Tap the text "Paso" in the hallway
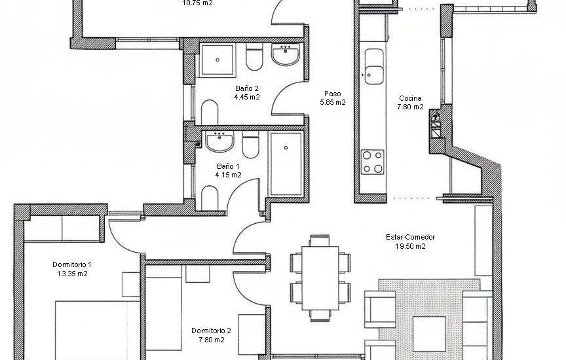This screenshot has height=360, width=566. point(333,94)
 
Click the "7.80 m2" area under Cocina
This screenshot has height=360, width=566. point(411,107)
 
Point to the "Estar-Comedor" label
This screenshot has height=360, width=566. point(411,238)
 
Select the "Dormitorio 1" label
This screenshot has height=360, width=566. point(72,264)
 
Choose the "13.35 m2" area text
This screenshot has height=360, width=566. point(72,274)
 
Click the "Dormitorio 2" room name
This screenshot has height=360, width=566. point(210,331)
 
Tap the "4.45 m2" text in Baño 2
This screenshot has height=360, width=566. point(247,97)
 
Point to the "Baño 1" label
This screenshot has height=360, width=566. point(228,166)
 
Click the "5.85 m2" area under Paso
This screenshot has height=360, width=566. point(333,103)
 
